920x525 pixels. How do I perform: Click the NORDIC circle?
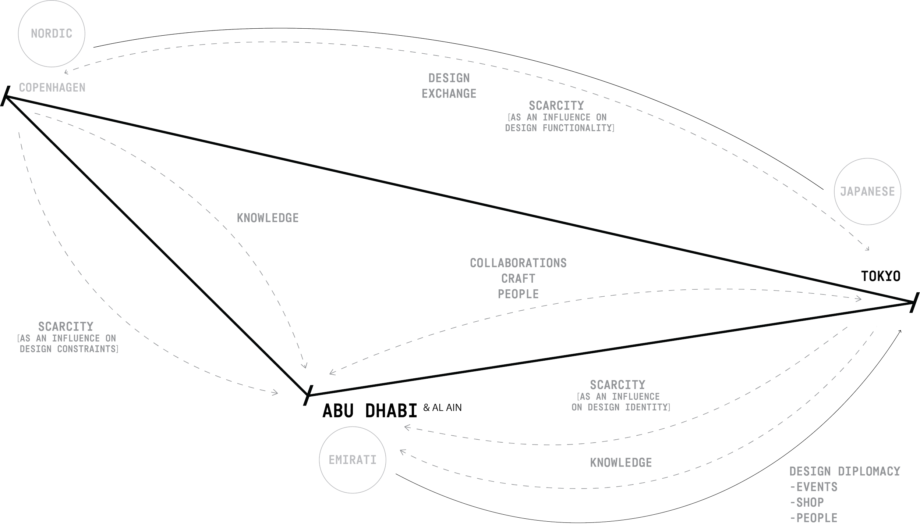[52, 34]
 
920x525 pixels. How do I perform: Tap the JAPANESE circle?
[867, 192]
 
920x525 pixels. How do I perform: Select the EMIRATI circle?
[353, 460]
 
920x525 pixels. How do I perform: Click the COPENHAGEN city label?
[52, 87]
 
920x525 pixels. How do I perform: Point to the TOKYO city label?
[881, 276]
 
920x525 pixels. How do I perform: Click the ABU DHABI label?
[370, 411]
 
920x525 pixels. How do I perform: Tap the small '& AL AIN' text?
[442, 408]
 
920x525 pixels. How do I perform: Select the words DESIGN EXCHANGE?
[449, 86]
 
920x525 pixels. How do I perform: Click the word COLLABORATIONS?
[518, 263]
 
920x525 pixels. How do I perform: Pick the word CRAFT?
[518, 278]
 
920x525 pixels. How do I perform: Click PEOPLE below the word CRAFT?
[518, 294]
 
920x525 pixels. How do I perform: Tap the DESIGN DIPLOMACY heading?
[845, 471]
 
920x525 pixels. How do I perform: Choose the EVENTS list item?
[817, 487]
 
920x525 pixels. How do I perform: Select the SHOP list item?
[810, 502]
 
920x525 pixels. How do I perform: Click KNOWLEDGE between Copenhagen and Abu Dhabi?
[268, 218]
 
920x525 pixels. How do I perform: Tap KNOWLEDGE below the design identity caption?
[621, 463]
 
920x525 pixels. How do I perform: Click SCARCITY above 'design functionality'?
[556, 106]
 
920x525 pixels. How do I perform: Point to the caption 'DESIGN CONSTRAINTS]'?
[69, 349]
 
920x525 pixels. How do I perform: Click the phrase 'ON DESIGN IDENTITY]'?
[620, 407]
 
